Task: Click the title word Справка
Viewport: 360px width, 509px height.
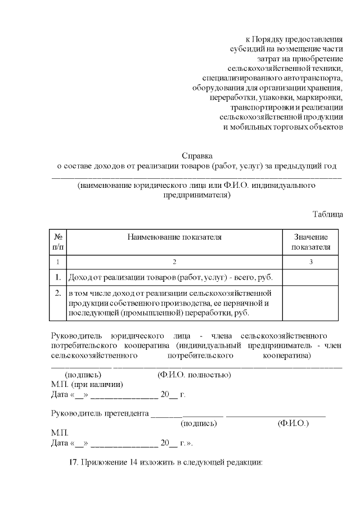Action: tap(197, 155)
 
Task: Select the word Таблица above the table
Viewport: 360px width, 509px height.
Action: tap(327, 214)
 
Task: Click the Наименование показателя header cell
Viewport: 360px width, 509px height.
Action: tap(174, 237)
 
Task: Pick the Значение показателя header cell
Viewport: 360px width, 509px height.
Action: tap(311, 242)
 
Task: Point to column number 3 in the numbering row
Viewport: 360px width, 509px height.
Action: tap(311, 262)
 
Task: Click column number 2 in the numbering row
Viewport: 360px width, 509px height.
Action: tap(174, 262)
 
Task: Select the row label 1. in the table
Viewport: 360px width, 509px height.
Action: tap(58, 277)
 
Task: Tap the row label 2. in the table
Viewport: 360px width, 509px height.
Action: tap(58, 293)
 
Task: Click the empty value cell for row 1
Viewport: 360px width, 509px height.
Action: tap(311, 277)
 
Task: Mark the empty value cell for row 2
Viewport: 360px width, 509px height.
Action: tap(311, 303)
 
